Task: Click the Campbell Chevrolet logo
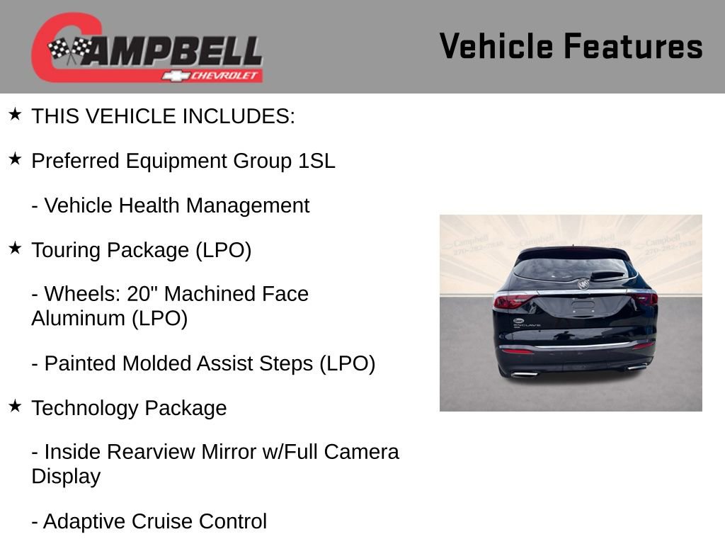[x=147, y=47]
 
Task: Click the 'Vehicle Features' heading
[x=571, y=47]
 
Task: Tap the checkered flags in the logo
[x=70, y=50]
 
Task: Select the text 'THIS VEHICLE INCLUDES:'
[x=163, y=116]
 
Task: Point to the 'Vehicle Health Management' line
[x=171, y=205]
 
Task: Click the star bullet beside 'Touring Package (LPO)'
[x=15, y=248]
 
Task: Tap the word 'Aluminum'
[x=78, y=318]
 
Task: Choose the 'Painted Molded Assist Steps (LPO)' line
[x=203, y=363]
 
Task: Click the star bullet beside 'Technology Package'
[x=15, y=406]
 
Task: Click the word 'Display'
[x=66, y=476]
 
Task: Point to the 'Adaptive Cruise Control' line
[x=149, y=521]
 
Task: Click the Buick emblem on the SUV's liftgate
[x=583, y=284]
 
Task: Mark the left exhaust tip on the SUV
[x=525, y=373]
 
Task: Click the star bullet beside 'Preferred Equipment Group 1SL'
[x=15, y=159]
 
